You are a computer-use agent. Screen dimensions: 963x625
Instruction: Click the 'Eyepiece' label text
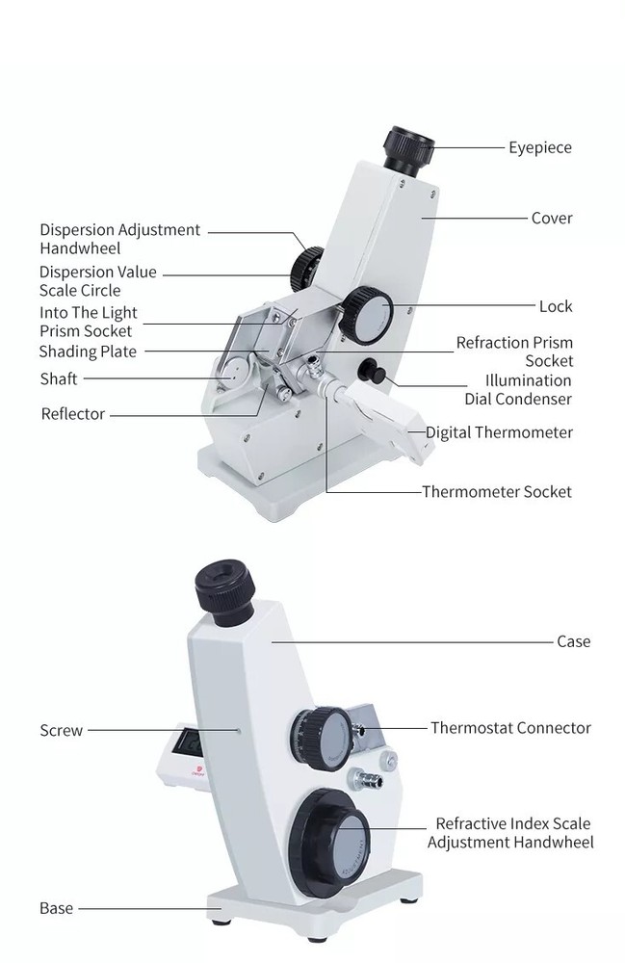[x=539, y=147]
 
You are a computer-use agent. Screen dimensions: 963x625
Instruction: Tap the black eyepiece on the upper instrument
[x=409, y=149]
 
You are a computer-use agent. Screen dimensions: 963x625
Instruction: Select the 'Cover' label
[x=552, y=218]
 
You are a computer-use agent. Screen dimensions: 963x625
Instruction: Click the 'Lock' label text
[x=555, y=306]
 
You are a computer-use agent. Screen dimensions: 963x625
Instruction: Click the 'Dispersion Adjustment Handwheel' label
[x=119, y=239]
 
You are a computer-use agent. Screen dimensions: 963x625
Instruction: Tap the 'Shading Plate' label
[x=88, y=351]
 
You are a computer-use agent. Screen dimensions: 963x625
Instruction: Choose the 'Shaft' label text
[x=59, y=378]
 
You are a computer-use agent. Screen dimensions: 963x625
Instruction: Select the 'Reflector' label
[x=73, y=414]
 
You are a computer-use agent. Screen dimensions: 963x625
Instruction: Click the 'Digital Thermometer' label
[x=499, y=432]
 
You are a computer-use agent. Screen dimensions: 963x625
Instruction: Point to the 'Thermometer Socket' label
[x=497, y=492]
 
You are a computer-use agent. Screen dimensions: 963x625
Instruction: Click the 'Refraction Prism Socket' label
[x=514, y=351]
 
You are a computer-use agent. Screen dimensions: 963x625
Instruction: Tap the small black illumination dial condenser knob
[x=369, y=372]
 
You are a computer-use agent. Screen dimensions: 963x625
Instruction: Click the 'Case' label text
[x=573, y=641]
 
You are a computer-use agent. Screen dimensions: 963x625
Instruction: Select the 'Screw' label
[x=62, y=730]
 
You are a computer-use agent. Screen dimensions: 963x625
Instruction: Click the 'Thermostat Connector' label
[x=510, y=728]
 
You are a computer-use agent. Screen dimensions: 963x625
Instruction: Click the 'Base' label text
[x=56, y=908]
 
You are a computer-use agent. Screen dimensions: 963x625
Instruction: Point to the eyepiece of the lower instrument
[x=225, y=586]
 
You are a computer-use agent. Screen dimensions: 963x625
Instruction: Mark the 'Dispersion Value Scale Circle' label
[x=97, y=281]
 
